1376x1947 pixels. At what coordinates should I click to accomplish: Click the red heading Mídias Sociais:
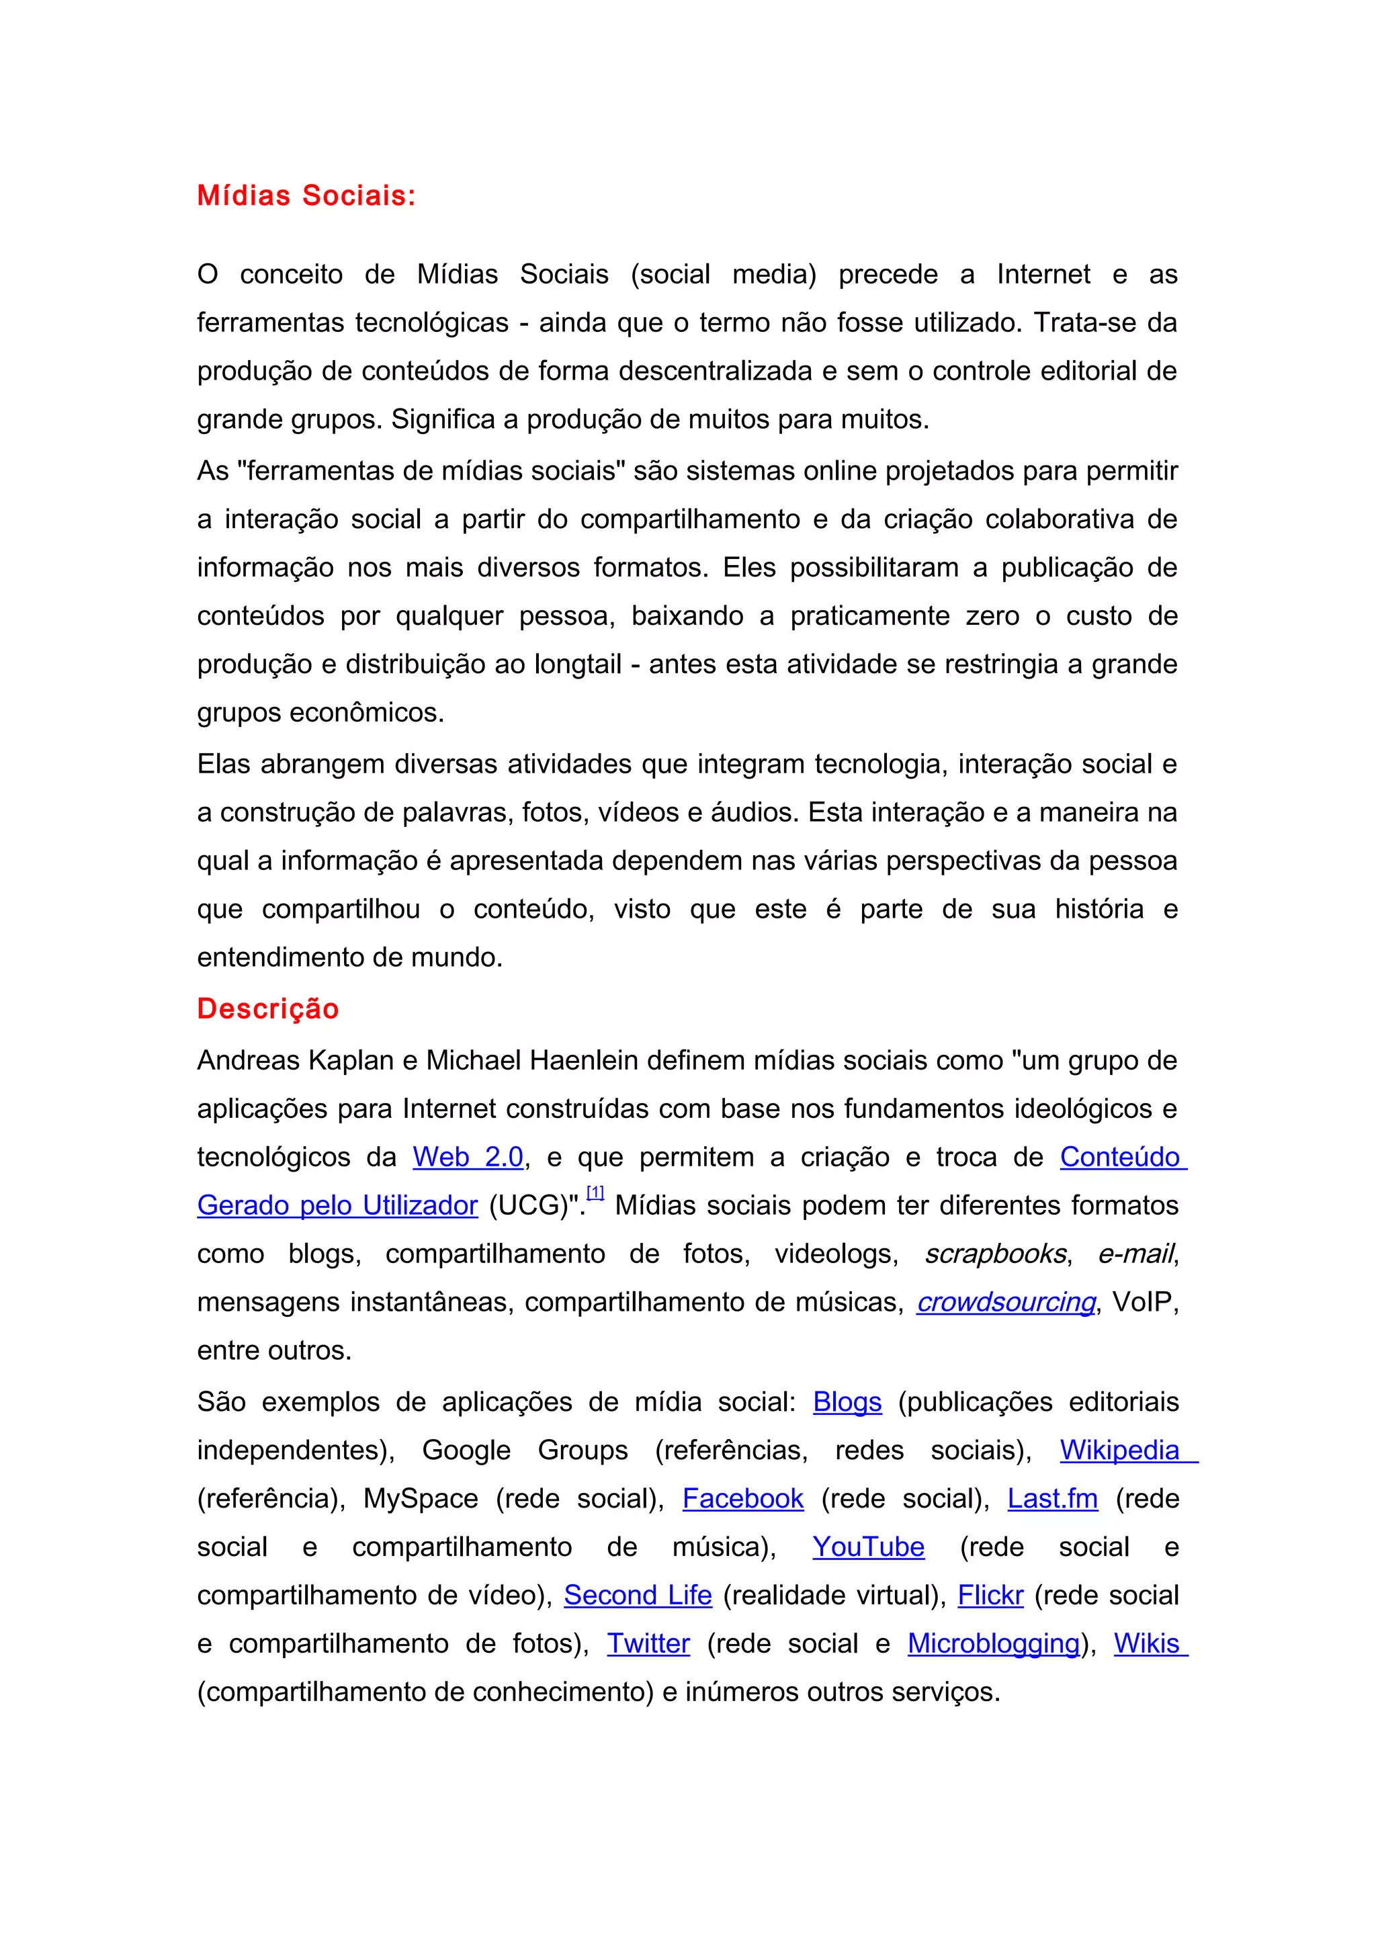click(x=306, y=196)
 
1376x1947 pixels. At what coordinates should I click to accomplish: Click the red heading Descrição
click(x=268, y=1008)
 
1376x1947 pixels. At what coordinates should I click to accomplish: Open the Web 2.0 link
click(x=468, y=1157)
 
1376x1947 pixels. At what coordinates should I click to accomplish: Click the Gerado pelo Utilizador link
click(x=337, y=1205)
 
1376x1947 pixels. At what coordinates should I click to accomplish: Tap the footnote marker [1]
click(x=595, y=1193)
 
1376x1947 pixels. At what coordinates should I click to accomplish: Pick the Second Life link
click(x=638, y=1595)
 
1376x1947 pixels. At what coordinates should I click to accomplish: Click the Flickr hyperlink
click(x=990, y=1595)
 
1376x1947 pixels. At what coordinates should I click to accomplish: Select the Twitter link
click(x=648, y=1643)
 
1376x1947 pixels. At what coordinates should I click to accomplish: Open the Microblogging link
click(x=994, y=1643)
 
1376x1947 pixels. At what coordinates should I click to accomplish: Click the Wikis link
click(x=1146, y=1643)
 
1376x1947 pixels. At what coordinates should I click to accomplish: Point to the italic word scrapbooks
click(x=995, y=1254)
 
